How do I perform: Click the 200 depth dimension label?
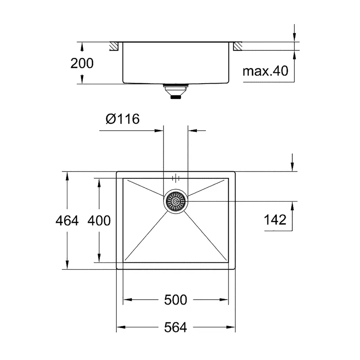click(82, 63)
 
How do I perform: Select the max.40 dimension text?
click(265, 72)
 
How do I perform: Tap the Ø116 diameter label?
click(122, 119)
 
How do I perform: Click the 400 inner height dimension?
click(99, 220)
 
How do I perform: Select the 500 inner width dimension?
click(175, 300)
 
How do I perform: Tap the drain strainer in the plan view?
click(176, 201)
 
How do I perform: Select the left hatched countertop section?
click(114, 46)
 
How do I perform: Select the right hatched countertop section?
click(238, 46)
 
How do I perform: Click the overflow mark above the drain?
click(176, 178)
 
